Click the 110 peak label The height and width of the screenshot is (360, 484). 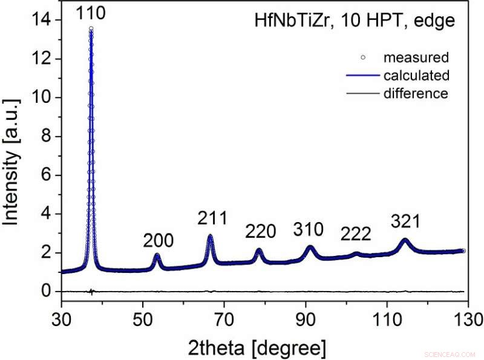pyautogui.click(x=91, y=12)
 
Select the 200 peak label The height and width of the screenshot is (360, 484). pyautogui.click(x=159, y=241)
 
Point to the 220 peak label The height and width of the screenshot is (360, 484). pyautogui.click(x=261, y=231)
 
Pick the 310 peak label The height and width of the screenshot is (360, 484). pyautogui.click(x=309, y=229)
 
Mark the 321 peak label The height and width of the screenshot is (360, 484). pyautogui.click(x=405, y=222)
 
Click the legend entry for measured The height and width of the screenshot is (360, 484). pyautogui.click(x=416, y=58)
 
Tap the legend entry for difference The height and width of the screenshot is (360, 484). pyautogui.click(x=416, y=93)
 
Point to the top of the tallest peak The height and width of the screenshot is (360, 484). pyautogui.click(x=91, y=28)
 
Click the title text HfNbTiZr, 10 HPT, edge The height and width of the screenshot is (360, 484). pyautogui.click(x=354, y=21)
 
